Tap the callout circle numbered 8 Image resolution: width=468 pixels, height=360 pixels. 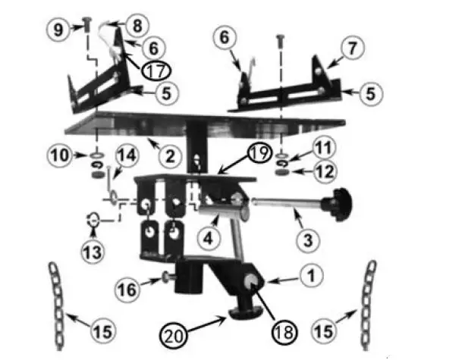(x=137, y=25)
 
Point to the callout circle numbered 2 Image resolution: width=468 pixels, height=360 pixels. (x=169, y=157)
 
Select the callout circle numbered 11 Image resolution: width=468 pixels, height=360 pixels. (x=322, y=147)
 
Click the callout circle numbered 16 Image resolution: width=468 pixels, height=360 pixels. (x=127, y=288)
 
